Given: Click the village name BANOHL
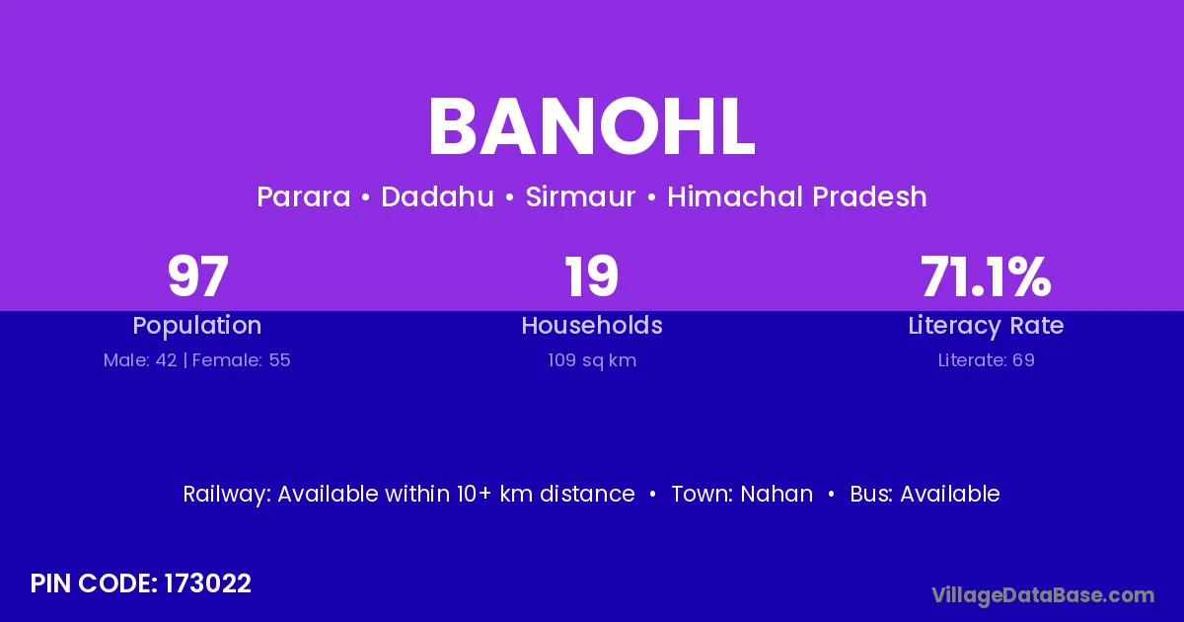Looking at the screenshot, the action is tap(591, 127).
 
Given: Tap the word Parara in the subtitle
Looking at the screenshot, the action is tap(304, 196).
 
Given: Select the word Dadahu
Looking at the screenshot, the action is tap(437, 196).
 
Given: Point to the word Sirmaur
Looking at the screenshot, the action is tap(580, 196).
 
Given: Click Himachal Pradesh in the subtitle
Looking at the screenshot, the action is tap(796, 196).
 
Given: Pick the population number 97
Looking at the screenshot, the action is tap(197, 276).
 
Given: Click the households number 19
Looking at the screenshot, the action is tap(591, 276).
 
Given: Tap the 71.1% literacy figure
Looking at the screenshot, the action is tap(986, 276).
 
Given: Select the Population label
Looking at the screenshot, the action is tap(197, 325).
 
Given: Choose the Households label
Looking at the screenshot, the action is tap(592, 325).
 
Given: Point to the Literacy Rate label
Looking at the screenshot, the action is tap(986, 326).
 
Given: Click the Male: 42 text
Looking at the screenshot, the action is tap(140, 360).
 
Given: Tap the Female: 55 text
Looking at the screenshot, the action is tap(242, 360).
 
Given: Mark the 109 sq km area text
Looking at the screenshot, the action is tap(592, 360).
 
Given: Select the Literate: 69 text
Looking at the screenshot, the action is tap(987, 360).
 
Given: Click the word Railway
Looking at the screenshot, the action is tap(227, 494).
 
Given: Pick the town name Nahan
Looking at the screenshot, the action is tap(777, 494).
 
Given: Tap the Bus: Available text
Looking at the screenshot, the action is tap(925, 494).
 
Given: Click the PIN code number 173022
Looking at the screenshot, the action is tap(208, 583).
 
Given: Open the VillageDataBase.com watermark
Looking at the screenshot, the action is tap(1043, 595).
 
